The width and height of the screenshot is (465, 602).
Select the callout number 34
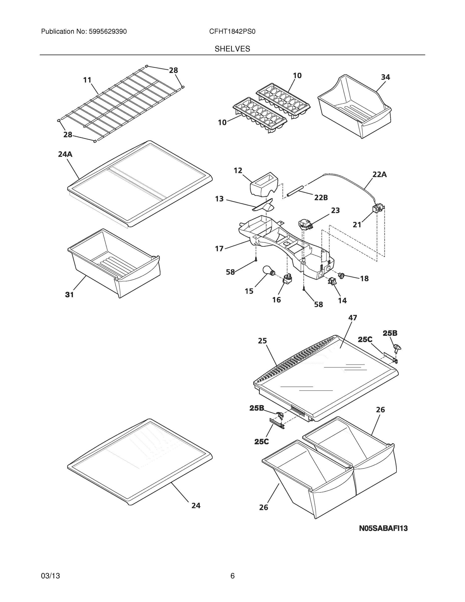(385, 77)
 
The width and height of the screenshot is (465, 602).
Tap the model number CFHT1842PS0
(232, 32)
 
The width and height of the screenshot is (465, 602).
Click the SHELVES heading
(232, 49)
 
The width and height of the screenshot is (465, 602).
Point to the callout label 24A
(65, 154)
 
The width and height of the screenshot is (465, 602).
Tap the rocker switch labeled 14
(332, 282)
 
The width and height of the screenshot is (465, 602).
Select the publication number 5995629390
(108, 32)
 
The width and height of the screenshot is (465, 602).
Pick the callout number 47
(353, 318)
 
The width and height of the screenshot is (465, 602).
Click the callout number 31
(69, 295)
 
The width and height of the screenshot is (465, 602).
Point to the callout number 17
(219, 249)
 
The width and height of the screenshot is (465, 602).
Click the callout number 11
(87, 80)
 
